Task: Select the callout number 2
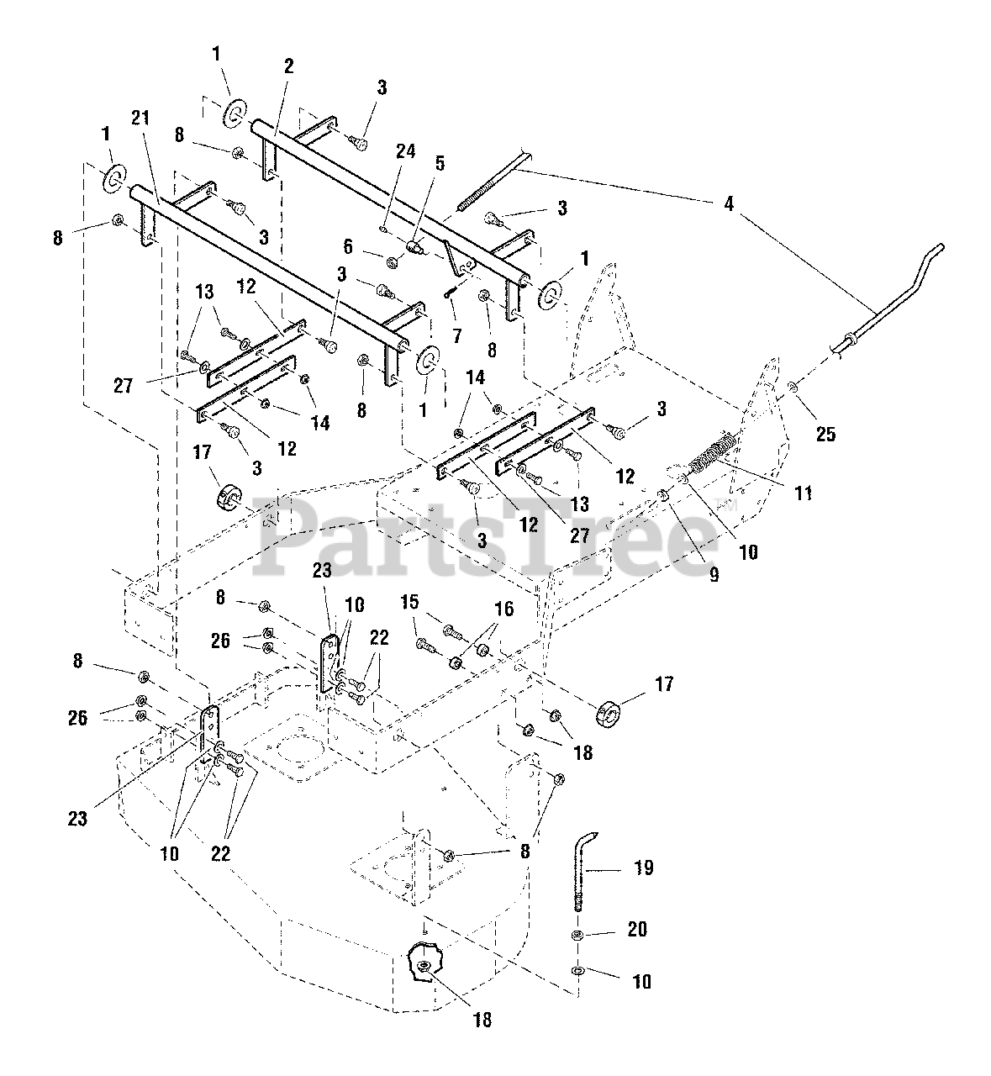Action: coord(288,66)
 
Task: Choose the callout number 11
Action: coord(804,493)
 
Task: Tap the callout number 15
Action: coord(409,602)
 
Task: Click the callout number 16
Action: coord(503,608)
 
